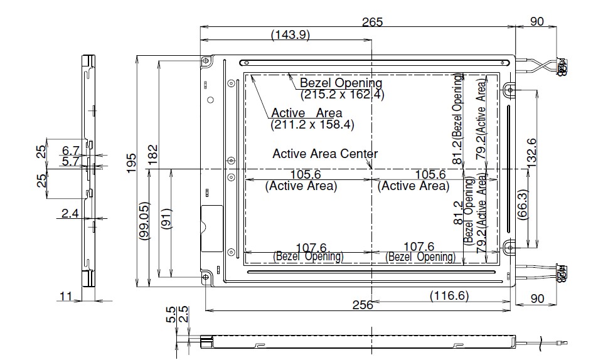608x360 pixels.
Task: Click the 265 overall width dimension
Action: [x=372, y=22]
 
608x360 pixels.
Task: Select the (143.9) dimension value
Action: [x=291, y=36]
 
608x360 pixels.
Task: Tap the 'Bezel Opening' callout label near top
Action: [x=341, y=83]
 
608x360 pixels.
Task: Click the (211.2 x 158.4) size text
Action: [x=312, y=125]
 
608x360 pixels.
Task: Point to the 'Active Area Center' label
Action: [x=325, y=154]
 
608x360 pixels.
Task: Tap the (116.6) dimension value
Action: [x=449, y=295]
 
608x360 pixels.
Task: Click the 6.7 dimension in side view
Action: [x=70, y=150]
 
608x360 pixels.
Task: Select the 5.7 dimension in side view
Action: [x=70, y=161]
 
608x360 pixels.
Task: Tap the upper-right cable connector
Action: [x=560, y=65]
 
